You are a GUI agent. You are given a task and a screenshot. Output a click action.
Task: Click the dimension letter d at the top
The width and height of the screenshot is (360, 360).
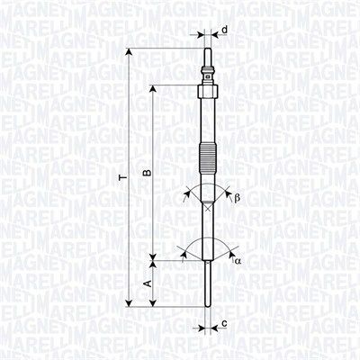(224, 30)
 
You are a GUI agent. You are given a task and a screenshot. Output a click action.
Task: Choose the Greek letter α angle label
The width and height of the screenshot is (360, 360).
(238, 261)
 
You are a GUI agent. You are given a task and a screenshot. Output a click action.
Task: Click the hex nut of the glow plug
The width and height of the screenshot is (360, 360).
(208, 91)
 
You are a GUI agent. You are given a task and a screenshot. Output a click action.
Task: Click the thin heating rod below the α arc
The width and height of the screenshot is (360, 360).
(208, 288)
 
